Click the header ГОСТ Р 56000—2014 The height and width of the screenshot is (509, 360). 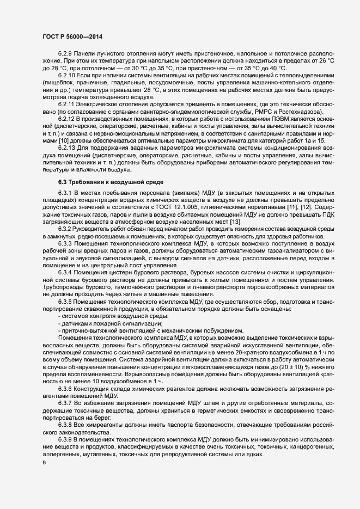coord(72,36)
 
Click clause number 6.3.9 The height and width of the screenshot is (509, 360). coord(66,438)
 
